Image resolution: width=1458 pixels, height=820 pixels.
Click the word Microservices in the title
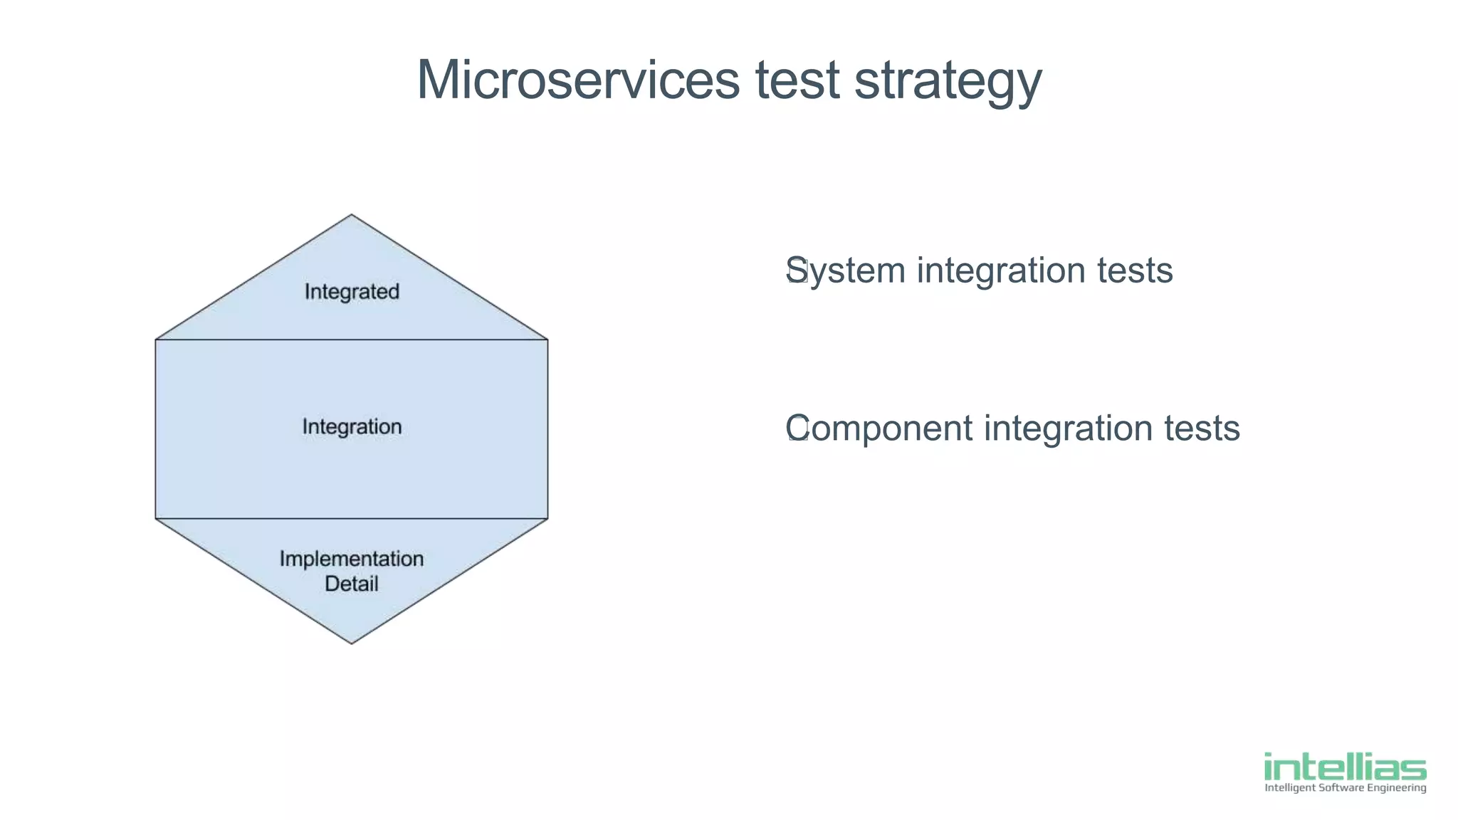pyautogui.click(x=577, y=80)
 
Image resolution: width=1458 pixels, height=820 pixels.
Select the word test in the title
pyautogui.click(x=797, y=80)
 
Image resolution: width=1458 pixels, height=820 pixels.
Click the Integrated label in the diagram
pyautogui.click(x=352, y=292)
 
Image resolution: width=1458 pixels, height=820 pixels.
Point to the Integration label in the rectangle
pyautogui.click(x=352, y=427)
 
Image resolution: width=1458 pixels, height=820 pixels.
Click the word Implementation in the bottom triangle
pyautogui.click(x=352, y=559)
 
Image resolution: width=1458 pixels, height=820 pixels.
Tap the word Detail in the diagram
pyautogui.click(x=352, y=584)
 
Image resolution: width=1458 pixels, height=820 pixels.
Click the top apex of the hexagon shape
pyautogui.click(x=352, y=215)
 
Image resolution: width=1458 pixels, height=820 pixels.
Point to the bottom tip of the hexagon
pyautogui.click(x=352, y=643)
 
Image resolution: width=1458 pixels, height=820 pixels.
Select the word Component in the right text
pyautogui.click(x=879, y=429)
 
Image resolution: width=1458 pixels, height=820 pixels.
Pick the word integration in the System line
pyautogui.click(x=1001, y=271)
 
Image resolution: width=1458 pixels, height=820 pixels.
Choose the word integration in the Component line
pyautogui.click(x=1068, y=429)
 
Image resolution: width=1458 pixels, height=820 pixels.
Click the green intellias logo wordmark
pyautogui.click(x=1345, y=767)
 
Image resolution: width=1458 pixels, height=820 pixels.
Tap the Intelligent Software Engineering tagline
pyautogui.click(x=1345, y=788)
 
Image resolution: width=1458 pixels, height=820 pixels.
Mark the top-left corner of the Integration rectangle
pyautogui.click(x=156, y=340)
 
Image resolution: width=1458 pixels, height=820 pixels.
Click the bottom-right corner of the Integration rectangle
pyautogui.click(x=547, y=518)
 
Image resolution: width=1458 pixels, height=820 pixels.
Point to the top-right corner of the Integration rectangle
pyautogui.click(x=547, y=340)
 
